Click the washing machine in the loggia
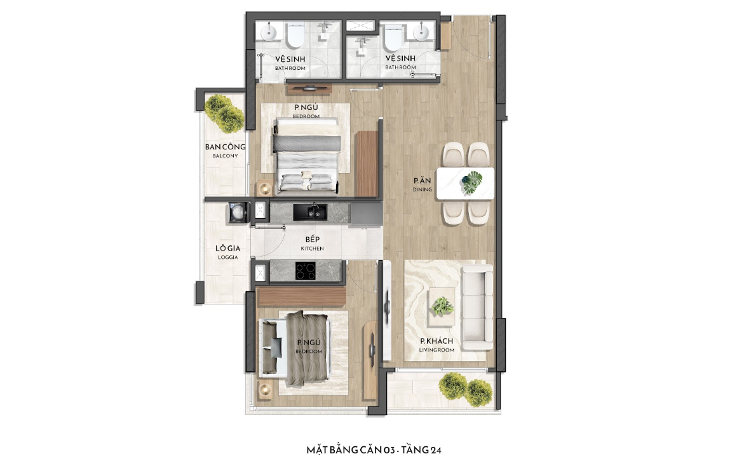click(238, 212)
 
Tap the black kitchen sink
click(310, 212)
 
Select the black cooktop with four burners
click(306, 271)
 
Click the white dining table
click(465, 184)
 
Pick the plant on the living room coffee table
click(442, 306)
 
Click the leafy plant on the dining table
click(471, 182)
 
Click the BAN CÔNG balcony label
click(225, 150)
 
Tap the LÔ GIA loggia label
click(228, 252)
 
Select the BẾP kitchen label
click(313, 243)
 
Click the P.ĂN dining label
click(422, 184)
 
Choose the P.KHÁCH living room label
click(436, 345)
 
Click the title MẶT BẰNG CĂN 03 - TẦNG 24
click(374, 449)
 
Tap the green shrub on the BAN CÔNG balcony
click(224, 113)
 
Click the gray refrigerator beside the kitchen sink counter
click(367, 213)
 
